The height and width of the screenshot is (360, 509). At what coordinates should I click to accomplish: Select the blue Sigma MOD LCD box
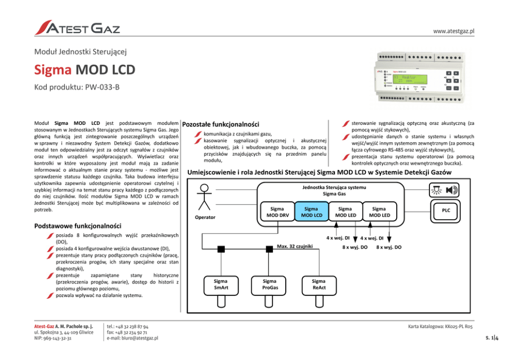click(311, 212)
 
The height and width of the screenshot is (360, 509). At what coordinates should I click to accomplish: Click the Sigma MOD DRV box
click(277, 212)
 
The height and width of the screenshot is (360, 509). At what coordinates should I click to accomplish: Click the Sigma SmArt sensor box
click(221, 285)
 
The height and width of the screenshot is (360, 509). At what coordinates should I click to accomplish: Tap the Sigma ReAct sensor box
click(318, 285)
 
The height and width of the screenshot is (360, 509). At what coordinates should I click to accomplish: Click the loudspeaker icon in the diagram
click(452, 190)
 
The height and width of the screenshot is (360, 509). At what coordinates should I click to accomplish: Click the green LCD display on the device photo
click(410, 79)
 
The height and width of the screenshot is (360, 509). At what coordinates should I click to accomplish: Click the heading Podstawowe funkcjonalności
click(77, 225)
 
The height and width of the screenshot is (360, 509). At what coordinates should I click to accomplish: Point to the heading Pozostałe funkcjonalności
click(221, 124)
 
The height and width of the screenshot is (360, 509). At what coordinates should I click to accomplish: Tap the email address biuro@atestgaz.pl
click(132, 338)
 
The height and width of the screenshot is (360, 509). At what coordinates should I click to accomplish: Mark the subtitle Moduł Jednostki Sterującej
click(80, 51)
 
